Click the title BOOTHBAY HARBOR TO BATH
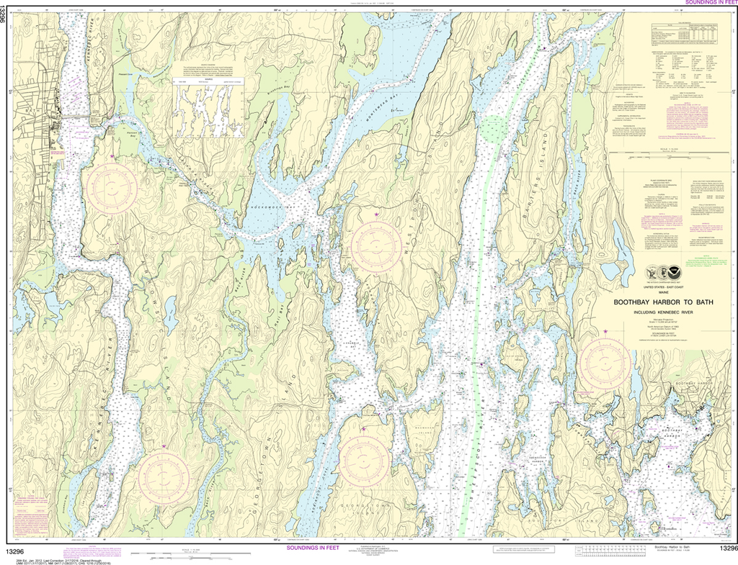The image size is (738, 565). (663, 302)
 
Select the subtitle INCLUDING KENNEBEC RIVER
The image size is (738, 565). (663, 312)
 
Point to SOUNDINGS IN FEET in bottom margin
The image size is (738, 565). (312, 548)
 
